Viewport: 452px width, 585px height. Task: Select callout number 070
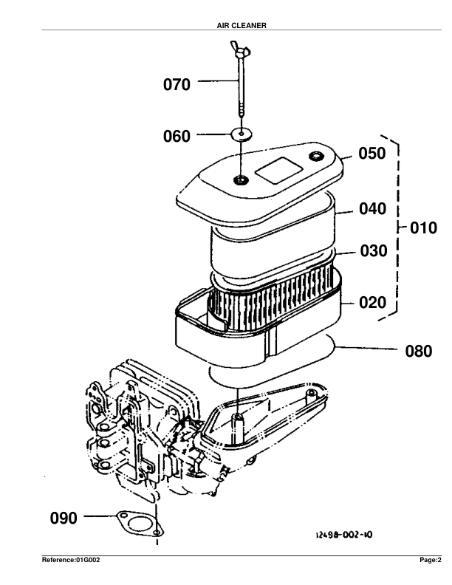tap(177, 86)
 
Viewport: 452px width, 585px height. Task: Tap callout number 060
tap(177, 137)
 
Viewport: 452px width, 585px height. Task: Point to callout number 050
tap(373, 154)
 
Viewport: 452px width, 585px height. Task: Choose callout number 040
tap(373, 209)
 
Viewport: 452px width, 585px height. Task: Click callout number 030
tap(373, 251)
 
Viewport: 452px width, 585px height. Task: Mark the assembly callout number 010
tap(423, 228)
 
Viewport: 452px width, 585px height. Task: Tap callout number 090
tap(64, 519)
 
